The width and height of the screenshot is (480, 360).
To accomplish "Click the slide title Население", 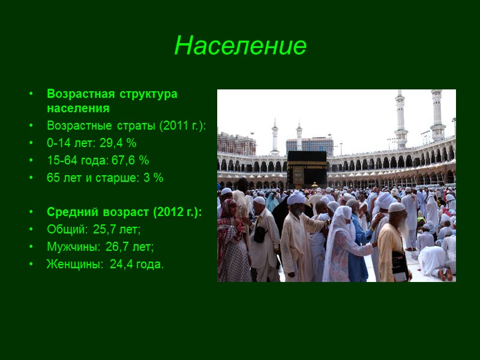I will [x=240, y=46].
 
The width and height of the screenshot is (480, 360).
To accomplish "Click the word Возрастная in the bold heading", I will [x=73, y=94].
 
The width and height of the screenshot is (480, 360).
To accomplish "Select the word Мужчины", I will [x=70, y=247].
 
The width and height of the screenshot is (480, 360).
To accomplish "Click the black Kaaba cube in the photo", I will [x=306, y=168].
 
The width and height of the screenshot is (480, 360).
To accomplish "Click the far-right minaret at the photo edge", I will [x=437, y=114].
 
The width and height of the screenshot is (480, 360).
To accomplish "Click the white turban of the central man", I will [x=296, y=198].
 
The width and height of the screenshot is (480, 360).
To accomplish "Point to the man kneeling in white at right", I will [x=433, y=258].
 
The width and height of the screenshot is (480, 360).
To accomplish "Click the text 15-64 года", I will [x=71, y=161].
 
